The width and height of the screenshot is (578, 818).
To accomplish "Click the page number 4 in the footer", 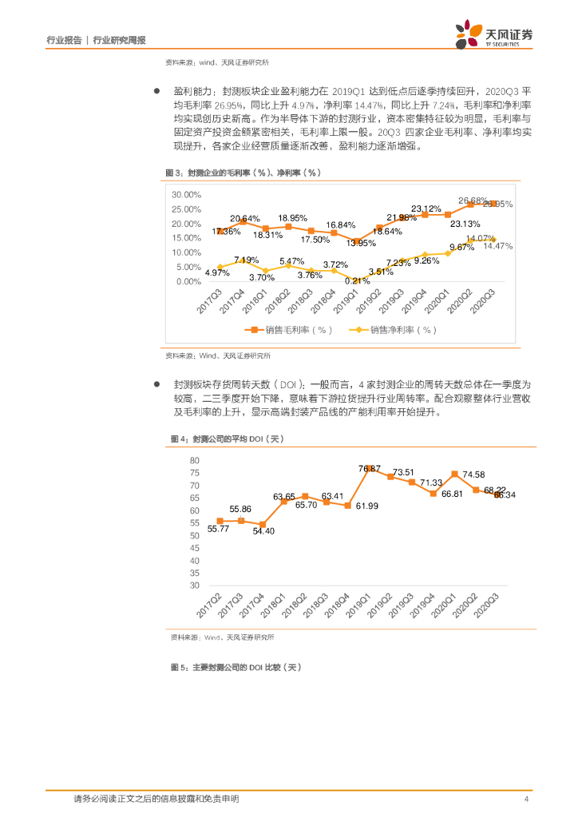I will [526, 799].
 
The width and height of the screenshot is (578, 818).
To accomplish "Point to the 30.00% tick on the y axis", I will [186, 194].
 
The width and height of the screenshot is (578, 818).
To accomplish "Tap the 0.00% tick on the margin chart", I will [188, 281].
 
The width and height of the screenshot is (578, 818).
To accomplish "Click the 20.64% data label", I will [245, 218].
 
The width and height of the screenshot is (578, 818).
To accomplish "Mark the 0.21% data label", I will [357, 280].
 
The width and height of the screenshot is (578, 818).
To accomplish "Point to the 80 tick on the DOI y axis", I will [194, 460].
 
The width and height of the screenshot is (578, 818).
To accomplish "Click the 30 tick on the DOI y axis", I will [194, 585].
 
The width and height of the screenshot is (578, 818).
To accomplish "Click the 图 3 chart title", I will [242, 173].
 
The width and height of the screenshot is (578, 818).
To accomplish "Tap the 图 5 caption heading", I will [236, 667].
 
